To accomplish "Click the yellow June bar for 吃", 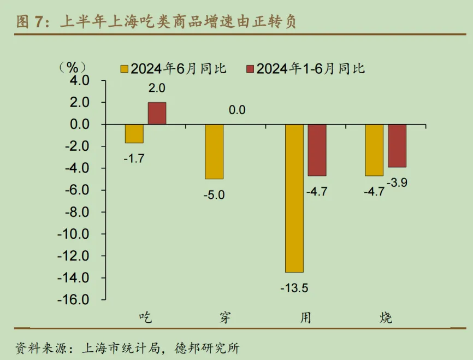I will coord(134,134).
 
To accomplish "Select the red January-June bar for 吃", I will coord(157,114).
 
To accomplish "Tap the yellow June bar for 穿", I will coord(214,152).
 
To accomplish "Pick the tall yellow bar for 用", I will coord(294,198).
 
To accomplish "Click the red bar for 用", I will coord(317,150).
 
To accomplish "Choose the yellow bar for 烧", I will coord(374,150).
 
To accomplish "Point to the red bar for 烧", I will coord(397,146).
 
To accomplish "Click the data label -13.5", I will coord(294,287).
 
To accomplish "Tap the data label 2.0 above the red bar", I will coord(157,88).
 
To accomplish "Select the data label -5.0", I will coord(214,194).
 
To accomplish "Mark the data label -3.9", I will coord(397,182).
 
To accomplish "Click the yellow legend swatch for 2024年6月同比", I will coord(124,69).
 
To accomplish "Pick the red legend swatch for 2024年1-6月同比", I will coord(250,69).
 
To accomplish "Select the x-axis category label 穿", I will coord(225,317).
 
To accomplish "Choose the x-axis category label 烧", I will coord(386,317).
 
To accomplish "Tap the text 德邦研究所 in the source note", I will coord(207,347).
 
